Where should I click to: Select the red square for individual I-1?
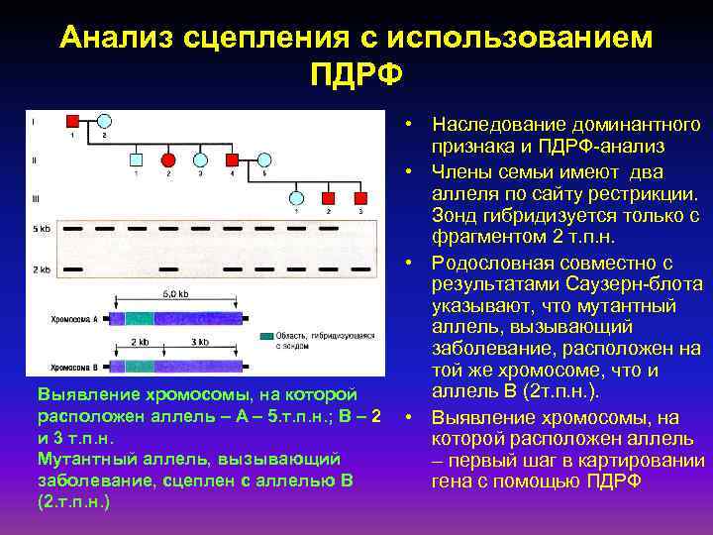pos(71,122)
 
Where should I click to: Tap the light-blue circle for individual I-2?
pos(104,122)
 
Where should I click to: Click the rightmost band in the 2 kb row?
pos(361,268)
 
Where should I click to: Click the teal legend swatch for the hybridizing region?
pos(265,337)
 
